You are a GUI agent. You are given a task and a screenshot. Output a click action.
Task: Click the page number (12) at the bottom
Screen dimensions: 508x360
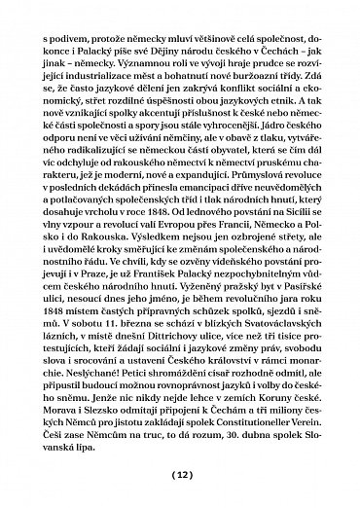point(181,476)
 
